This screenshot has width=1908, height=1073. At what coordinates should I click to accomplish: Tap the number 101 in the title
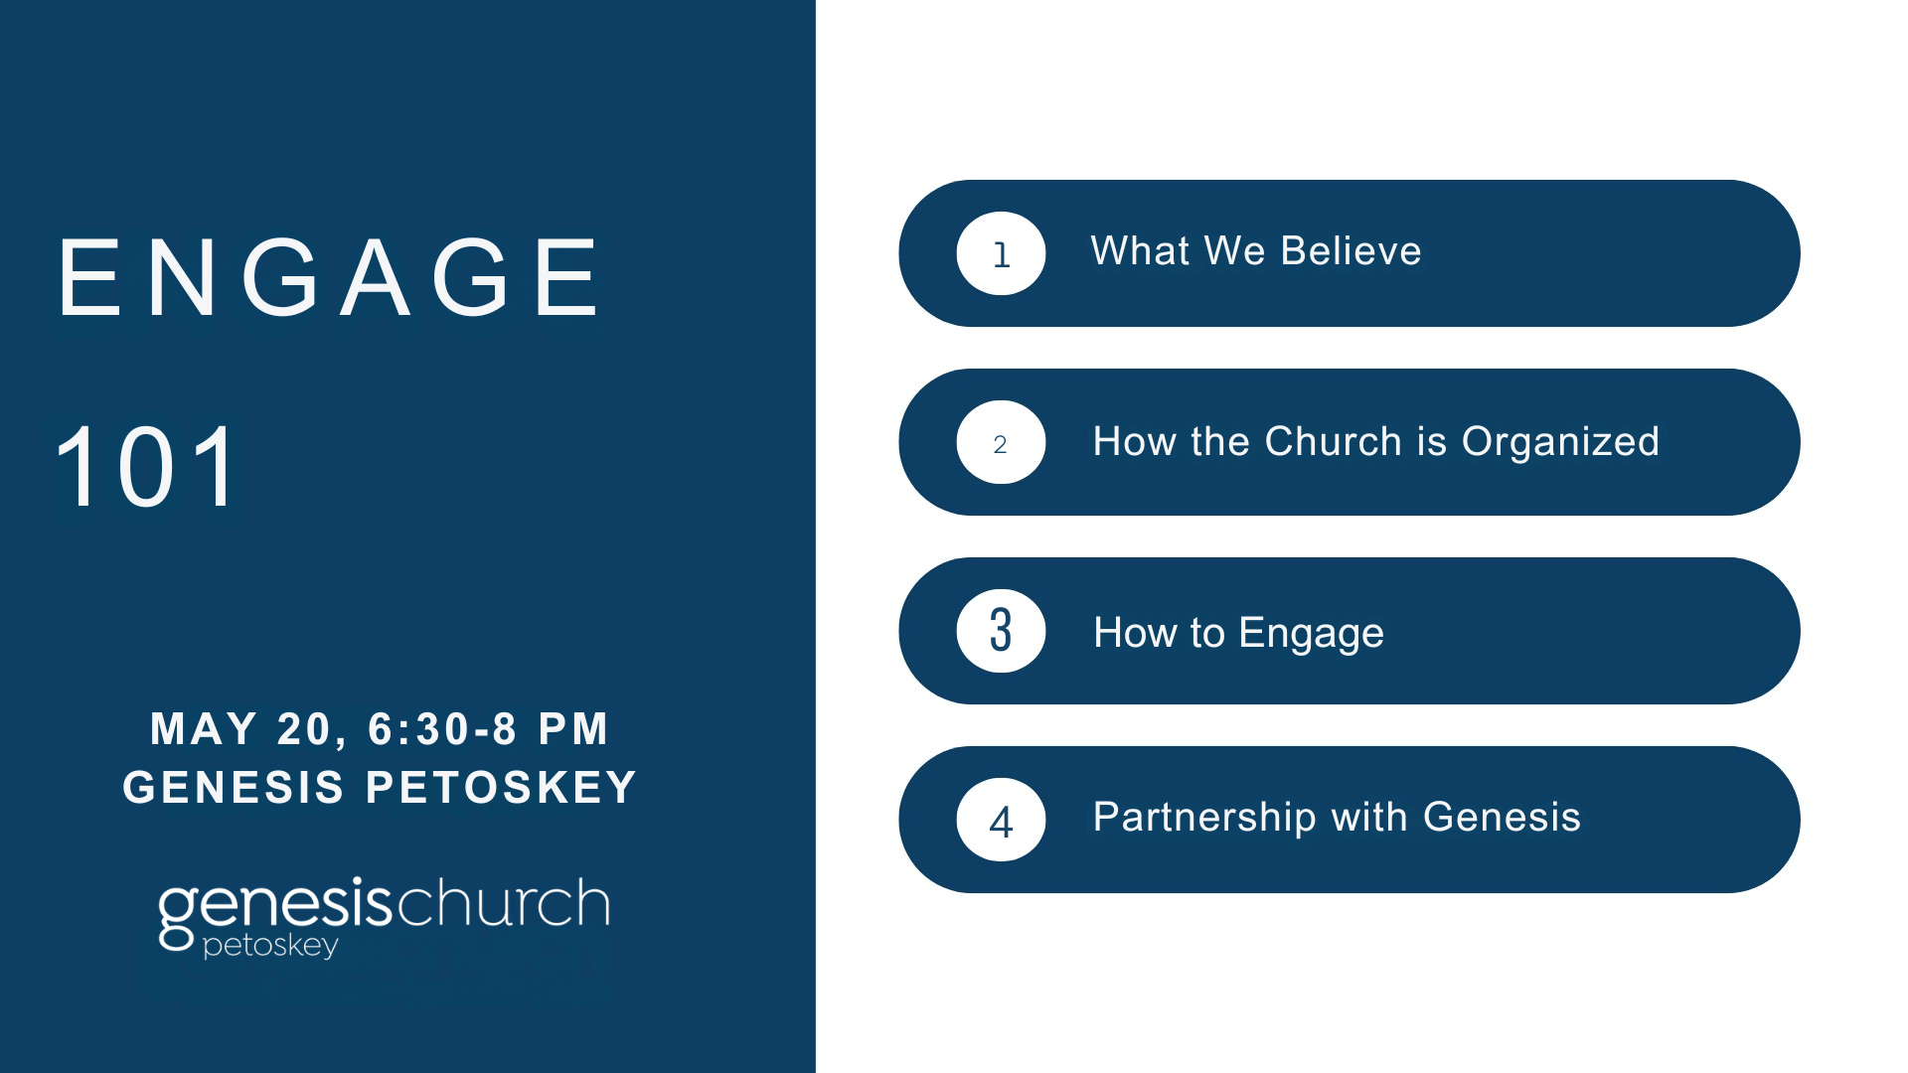coord(147,467)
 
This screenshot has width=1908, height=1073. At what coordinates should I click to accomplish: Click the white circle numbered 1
coord(1001,253)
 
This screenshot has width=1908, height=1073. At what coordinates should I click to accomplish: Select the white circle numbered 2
coord(1001,442)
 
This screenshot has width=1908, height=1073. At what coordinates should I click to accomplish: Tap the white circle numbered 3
coord(1001,631)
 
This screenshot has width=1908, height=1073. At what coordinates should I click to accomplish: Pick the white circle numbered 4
coord(1001,820)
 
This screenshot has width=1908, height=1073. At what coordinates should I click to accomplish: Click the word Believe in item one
coord(1351,250)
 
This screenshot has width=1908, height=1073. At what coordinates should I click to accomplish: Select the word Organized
coord(1560,443)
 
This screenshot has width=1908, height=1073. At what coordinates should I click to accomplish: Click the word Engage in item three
coord(1312,634)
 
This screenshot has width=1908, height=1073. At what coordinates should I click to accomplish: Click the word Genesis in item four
coord(1502,818)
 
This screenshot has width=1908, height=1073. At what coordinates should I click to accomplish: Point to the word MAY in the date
coord(204,728)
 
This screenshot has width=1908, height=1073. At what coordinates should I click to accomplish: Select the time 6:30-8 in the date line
coord(442,729)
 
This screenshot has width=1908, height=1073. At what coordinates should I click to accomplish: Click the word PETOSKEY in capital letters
coord(502,787)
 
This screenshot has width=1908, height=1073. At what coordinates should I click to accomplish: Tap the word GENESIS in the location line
coord(234,787)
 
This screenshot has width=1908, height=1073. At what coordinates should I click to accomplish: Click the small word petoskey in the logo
coord(270,945)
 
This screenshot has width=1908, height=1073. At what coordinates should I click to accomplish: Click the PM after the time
coord(573,728)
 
